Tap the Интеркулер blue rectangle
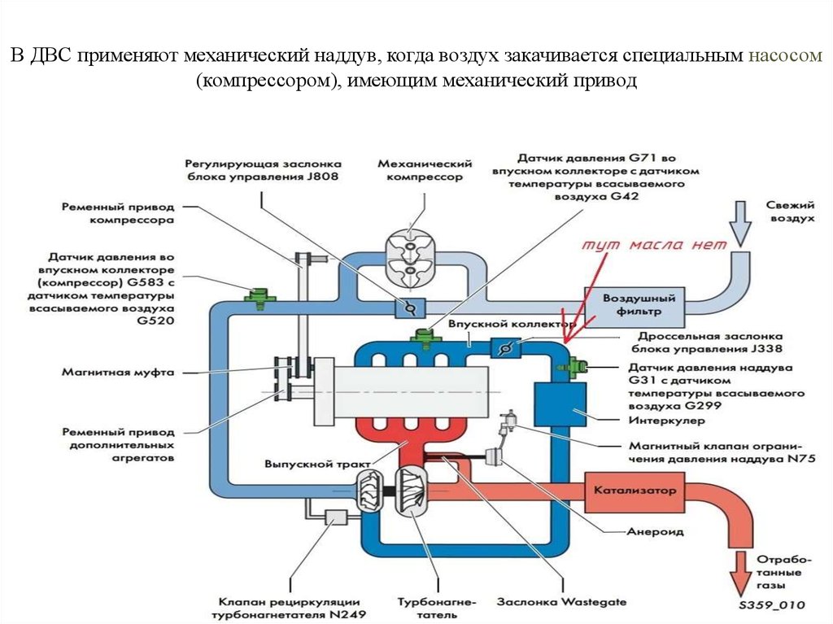tap(560, 402)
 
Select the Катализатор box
tap(631, 491)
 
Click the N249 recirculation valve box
tap(335, 516)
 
